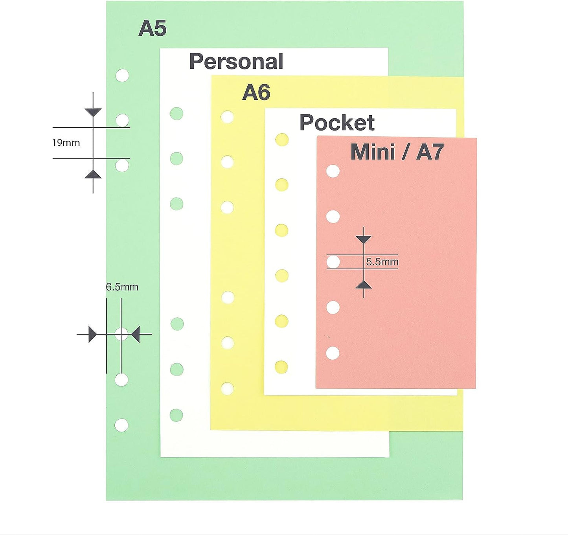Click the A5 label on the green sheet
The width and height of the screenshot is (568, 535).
coord(153,28)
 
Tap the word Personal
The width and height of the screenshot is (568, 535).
coord(236,62)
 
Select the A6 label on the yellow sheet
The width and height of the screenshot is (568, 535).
coord(256,92)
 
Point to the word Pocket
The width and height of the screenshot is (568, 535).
coord(337,123)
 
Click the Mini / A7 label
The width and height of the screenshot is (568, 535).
coord(397,152)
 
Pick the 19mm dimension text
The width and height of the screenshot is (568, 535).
coord(66,143)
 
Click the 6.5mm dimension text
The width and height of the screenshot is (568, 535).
coord(122,287)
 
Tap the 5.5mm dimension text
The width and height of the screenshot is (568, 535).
coord(382,262)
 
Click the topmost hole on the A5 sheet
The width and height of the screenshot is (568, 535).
coord(122,75)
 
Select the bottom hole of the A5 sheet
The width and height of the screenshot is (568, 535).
coord(121,425)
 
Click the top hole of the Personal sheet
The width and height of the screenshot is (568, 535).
coord(176,114)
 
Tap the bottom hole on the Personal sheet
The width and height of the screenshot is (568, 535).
coord(176,415)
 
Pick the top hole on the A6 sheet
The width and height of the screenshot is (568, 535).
coord(227,117)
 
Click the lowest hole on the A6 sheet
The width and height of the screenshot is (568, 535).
coord(227,388)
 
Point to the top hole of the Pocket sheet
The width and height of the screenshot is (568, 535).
coord(281,140)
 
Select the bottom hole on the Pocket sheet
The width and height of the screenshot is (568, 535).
coord(281,367)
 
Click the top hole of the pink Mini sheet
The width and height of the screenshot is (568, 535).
coord(333,171)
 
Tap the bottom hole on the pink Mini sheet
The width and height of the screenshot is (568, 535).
coord(333,353)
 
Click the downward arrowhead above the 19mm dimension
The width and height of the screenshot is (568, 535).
coord(93,112)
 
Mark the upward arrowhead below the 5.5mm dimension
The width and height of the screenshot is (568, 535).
coord(364,285)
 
